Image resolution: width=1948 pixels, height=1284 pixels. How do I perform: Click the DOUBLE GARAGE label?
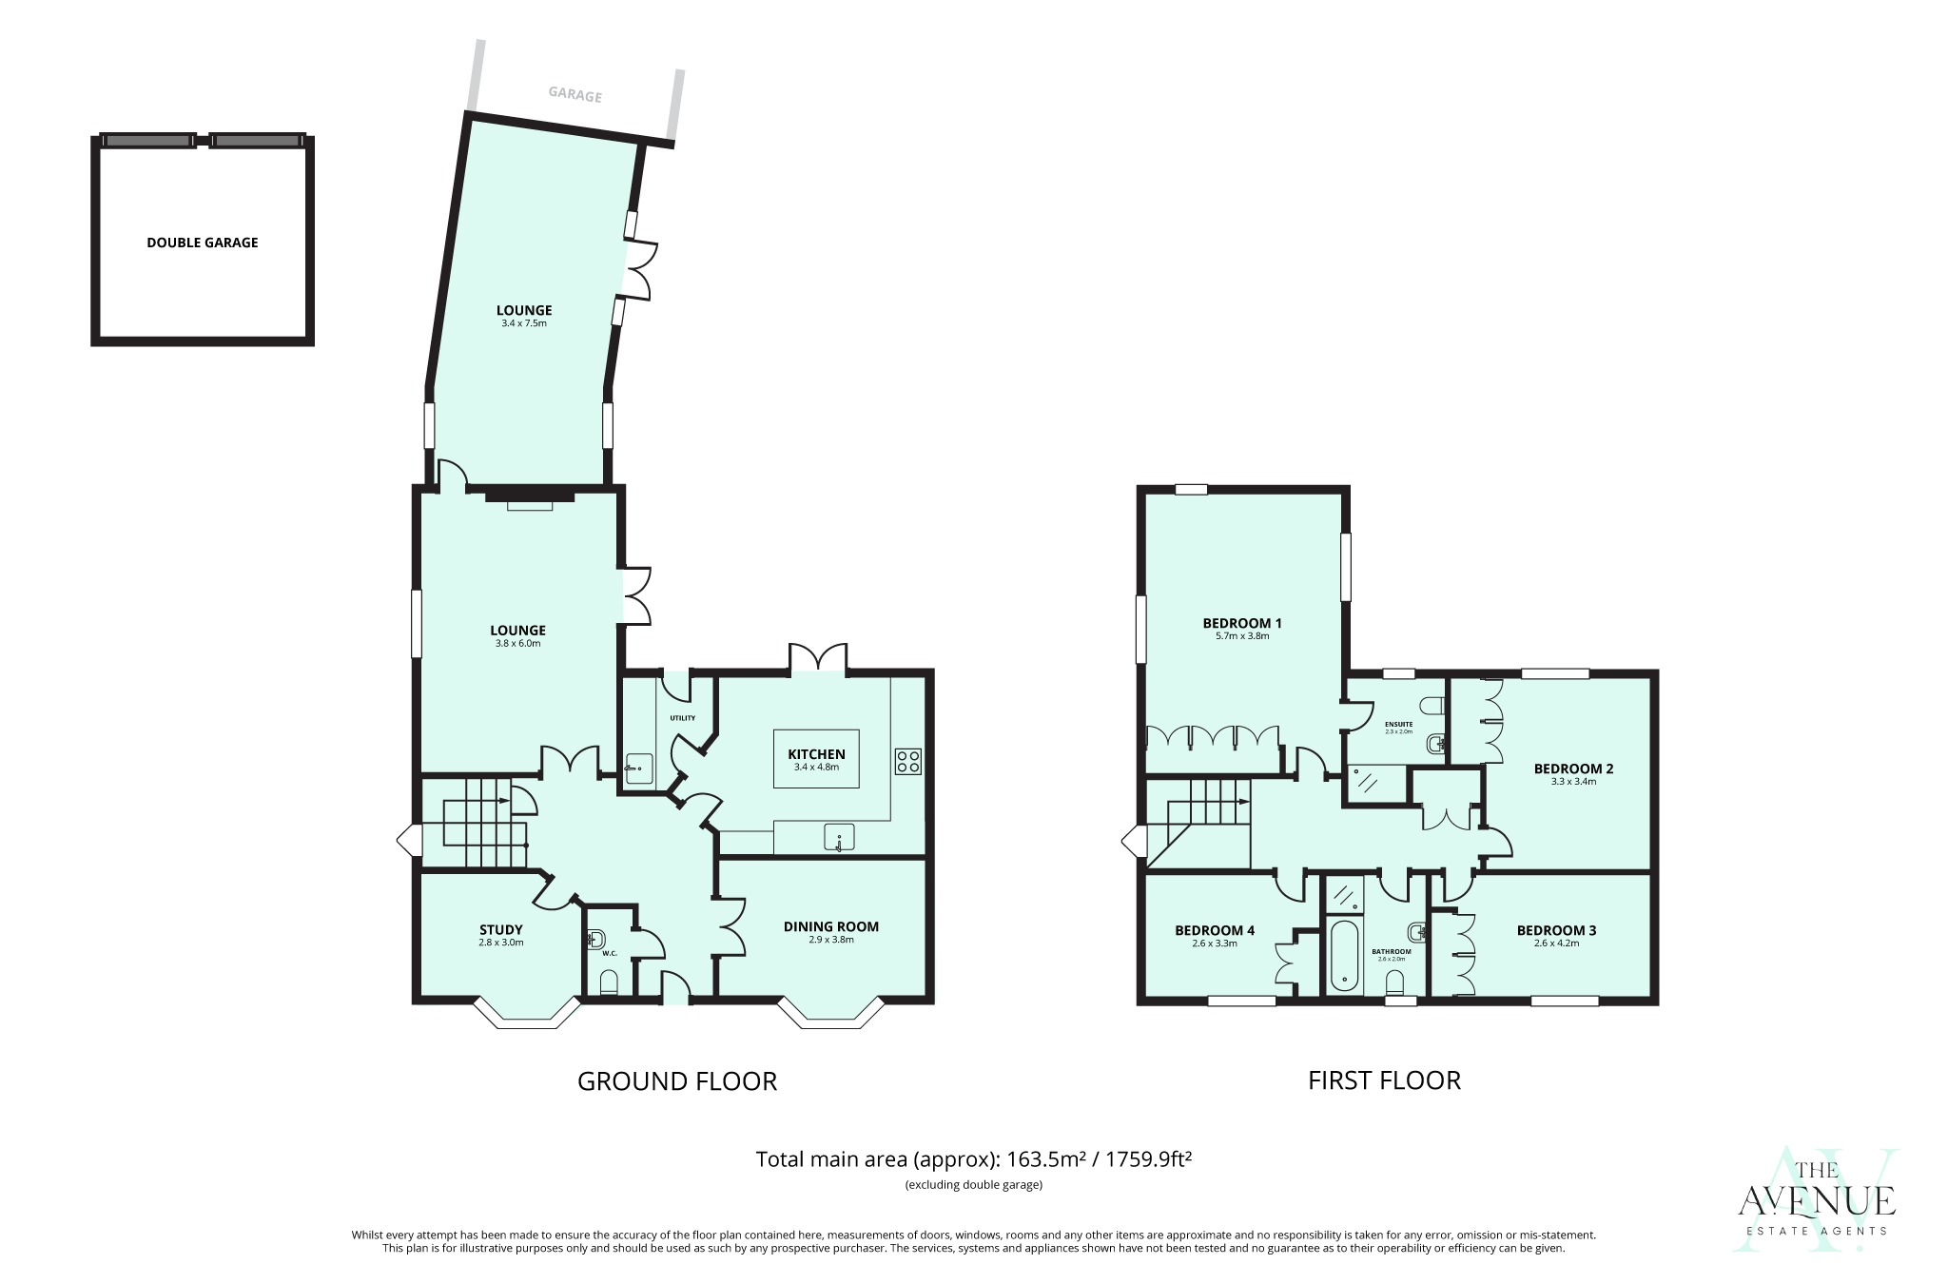pos(202,243)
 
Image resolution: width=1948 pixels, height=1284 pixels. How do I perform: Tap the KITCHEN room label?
pos(816,754)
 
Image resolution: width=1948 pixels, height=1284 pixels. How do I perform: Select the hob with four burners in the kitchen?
pos(907,761)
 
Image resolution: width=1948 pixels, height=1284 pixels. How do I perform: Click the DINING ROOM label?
pos(830,926)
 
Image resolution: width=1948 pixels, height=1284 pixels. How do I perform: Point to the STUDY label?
pos(500,930)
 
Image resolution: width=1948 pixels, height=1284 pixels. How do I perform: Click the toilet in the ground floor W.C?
pos(609,982)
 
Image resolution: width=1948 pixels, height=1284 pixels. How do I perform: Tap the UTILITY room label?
pos(682,718)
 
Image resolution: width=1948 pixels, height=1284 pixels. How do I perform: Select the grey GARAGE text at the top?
pos(575,94)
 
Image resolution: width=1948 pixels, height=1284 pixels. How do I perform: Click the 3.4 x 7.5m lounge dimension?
pos(524,323)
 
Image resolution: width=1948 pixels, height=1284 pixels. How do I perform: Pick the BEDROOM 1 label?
pos(1241,623)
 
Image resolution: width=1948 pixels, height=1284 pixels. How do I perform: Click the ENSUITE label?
pos(1398,724)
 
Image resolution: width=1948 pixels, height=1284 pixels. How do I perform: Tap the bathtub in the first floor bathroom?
pos(1343,954)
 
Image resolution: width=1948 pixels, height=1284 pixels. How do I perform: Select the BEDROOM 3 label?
pos(1556,930)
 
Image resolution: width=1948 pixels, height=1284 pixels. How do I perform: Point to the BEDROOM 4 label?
pos(1214,930)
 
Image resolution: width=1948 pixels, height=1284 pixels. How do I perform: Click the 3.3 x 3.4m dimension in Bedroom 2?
pos(1573,782)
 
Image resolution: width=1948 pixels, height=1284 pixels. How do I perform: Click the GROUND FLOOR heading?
pos(677,1081)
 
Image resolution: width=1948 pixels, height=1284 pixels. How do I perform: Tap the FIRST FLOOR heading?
pos(1384,1080)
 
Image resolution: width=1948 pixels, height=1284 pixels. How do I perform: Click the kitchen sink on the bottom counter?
pos(838,838)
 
